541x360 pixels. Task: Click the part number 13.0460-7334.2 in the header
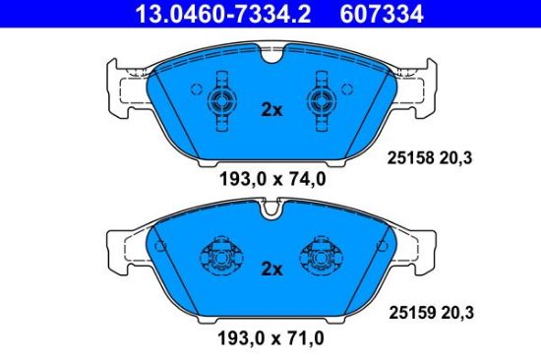tap(223, 14)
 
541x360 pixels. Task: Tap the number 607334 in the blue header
tap(382, 14)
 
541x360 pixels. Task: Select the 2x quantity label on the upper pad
tap(271, 110)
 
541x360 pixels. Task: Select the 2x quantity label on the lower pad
tap(271, 269)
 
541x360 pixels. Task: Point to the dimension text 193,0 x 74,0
tap(272, 179)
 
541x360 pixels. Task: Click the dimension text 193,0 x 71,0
tap(271, 338)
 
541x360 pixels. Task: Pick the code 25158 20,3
tap(430, 158)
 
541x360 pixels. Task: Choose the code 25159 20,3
tap(431, 313)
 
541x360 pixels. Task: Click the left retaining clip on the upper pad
tap(222, 101)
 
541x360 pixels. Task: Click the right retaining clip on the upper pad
tap(322, 101)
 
